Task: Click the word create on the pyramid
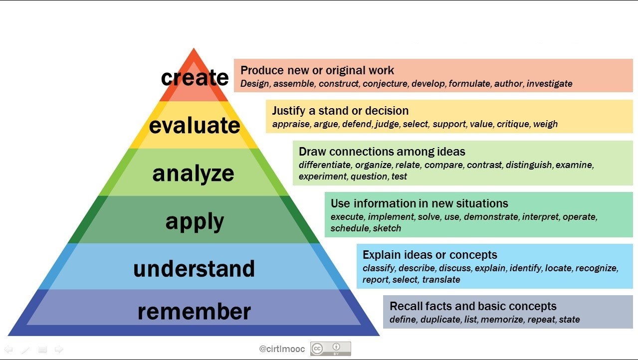coord(195,77)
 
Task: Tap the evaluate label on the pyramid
coord(195,125)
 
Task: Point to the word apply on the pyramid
coord(195,222)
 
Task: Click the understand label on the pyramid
coord(194,269)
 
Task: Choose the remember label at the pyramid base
coord(194,312)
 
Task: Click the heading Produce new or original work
coord(317,70)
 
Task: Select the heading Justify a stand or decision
coord(340,111)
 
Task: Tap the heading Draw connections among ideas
coord(382,152)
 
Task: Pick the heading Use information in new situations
coord(419,203)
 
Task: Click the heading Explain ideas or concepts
coord(430,255)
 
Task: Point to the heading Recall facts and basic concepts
coord(473,306)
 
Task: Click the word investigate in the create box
coord(549,84)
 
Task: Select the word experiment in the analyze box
coord(323,177)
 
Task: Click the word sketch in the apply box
coord(387,228)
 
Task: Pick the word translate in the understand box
coord(441,280)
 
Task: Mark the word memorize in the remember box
coord(502,320)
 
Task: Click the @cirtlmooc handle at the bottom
coord(282,349)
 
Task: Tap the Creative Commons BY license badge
coord(331,349)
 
